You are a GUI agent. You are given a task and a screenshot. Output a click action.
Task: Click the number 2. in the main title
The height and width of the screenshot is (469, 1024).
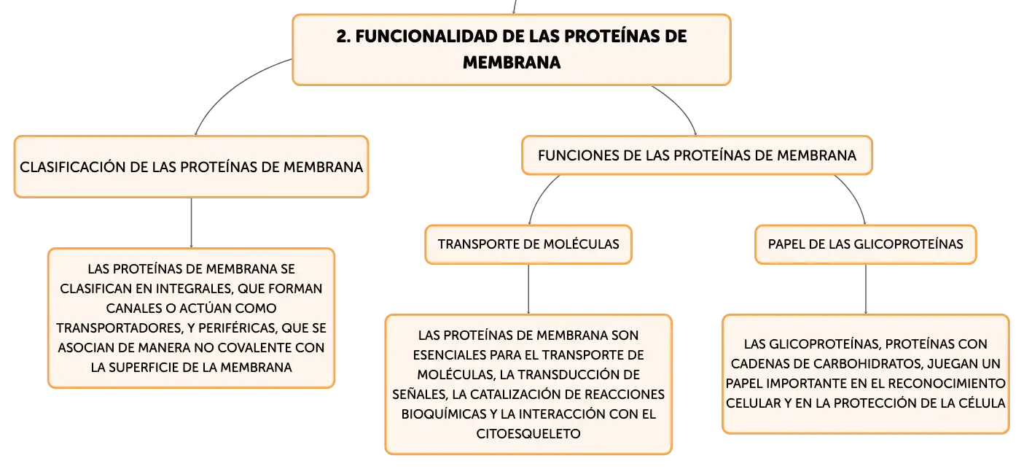(344, 36)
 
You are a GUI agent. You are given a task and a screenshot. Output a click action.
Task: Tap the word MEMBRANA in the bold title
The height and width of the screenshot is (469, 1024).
(512, 63)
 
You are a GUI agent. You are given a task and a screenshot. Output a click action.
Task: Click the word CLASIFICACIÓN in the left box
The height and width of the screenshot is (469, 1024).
(73, 166)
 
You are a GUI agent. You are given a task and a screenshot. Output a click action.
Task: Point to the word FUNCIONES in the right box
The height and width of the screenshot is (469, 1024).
(567, 155)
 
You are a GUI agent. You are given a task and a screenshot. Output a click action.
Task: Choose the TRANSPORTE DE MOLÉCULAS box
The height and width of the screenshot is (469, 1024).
(528, 244)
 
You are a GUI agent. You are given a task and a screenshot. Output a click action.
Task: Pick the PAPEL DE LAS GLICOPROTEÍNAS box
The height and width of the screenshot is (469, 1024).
(865, 244)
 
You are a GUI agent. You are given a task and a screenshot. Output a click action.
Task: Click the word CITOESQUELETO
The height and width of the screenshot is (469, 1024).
(528, 434)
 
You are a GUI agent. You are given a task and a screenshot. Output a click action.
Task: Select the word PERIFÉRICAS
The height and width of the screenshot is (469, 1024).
(238, 328)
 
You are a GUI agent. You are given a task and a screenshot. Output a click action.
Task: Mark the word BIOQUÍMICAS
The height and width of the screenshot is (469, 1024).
(444, 414)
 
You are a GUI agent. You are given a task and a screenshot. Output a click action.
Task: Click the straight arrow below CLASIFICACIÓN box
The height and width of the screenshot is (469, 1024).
(191, 223)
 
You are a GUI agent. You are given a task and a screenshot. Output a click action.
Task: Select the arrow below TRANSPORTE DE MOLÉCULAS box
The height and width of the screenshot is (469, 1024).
(528, 289)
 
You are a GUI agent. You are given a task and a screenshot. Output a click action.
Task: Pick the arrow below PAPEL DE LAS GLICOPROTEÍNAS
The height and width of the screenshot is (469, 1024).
(865, 289)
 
